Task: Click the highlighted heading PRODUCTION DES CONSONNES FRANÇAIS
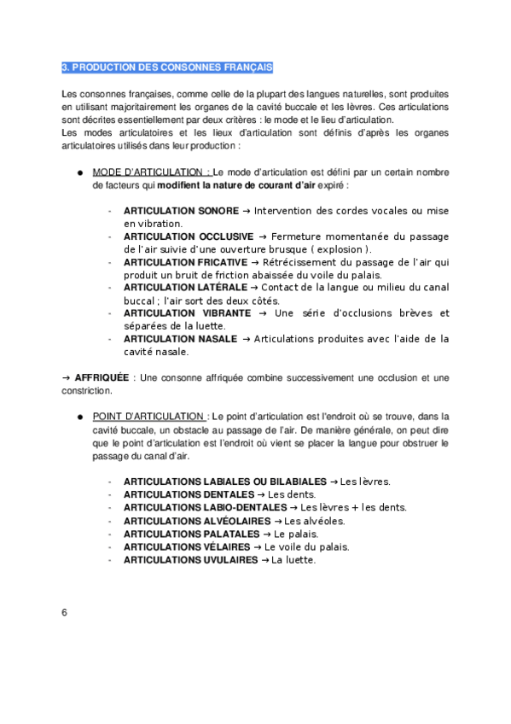166,67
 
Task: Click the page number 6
64,613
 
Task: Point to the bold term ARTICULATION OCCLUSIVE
189,236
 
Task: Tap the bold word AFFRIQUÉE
102,377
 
